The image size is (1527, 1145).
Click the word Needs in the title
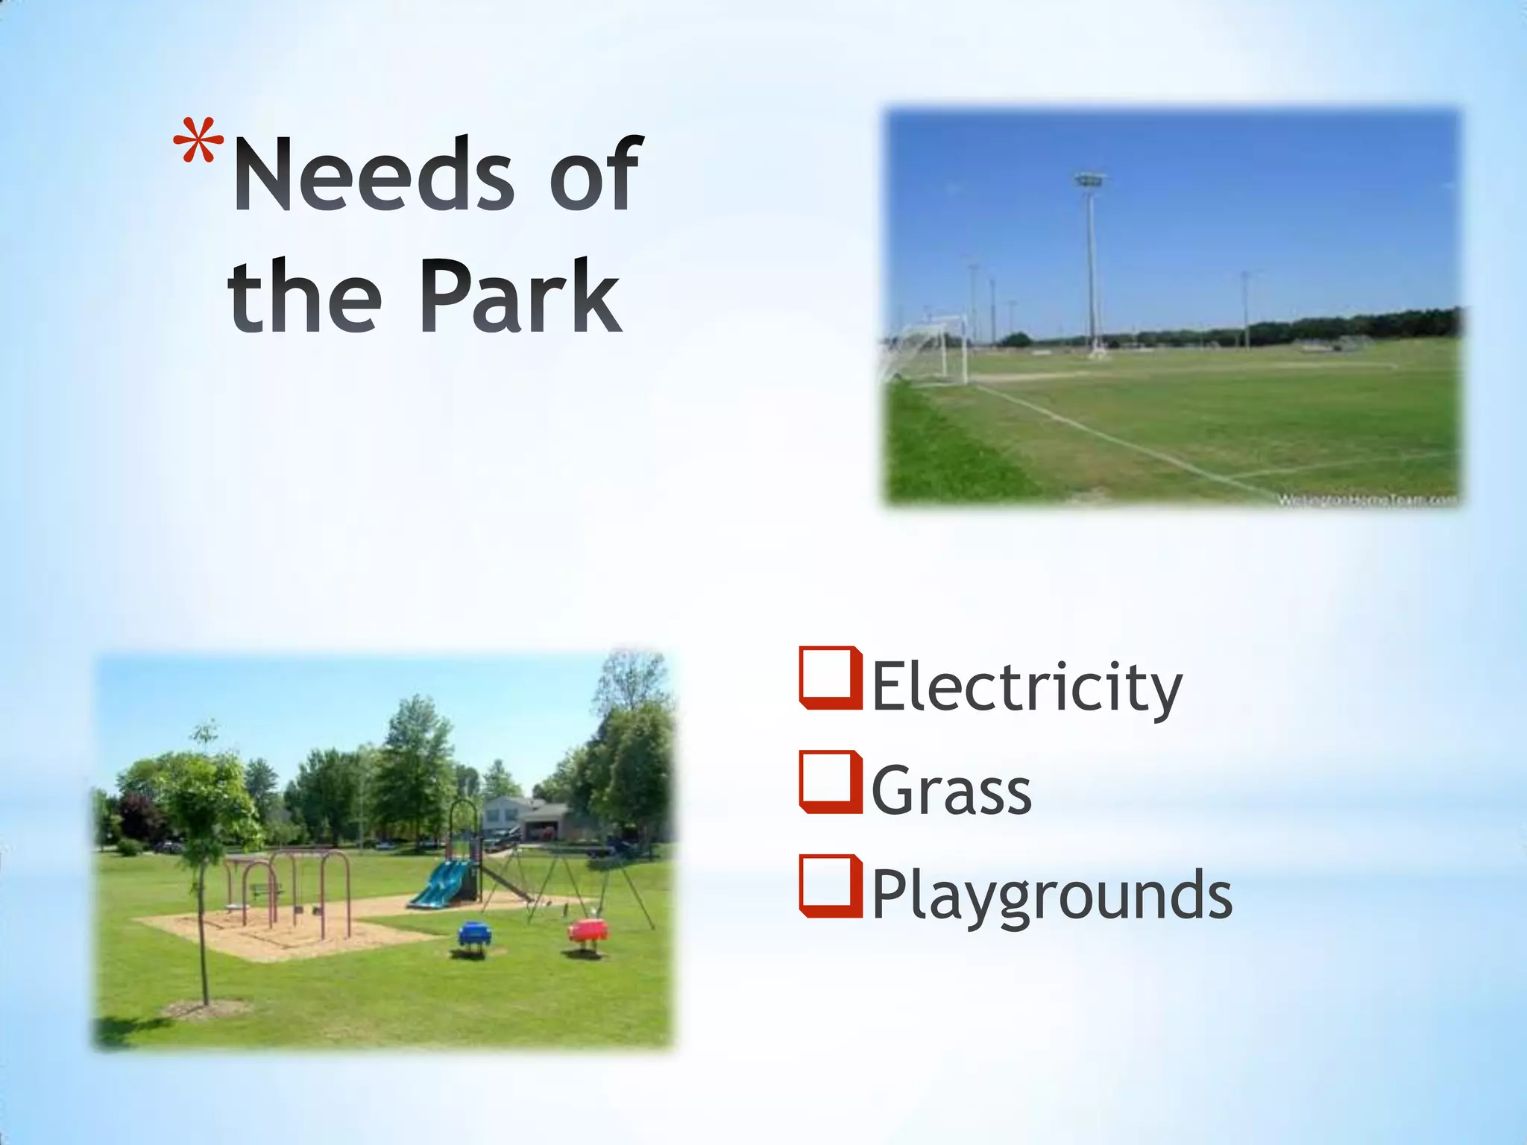click(374, 174)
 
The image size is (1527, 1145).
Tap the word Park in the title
click(520, 296)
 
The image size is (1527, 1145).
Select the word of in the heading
click(594, 174)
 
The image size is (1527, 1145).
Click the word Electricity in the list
click(1026, 687)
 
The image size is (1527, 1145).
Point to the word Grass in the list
click(951, 791)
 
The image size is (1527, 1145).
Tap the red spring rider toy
click(588, 932)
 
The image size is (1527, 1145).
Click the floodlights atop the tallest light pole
click(1089, 180)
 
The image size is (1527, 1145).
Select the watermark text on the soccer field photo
click(1367, 500)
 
